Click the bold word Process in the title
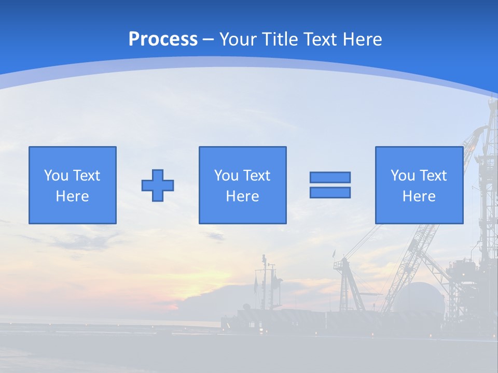[163, 39]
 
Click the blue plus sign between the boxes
[158, 185]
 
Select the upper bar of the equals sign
[330, 177]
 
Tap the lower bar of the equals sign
[330, 192]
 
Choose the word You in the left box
[56, 176]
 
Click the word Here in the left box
[72, 196]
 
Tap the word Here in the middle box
[242, 196]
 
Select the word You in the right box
[403, 176]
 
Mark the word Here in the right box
[419, 196]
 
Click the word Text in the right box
[433, 176]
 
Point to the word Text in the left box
[86, 176]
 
